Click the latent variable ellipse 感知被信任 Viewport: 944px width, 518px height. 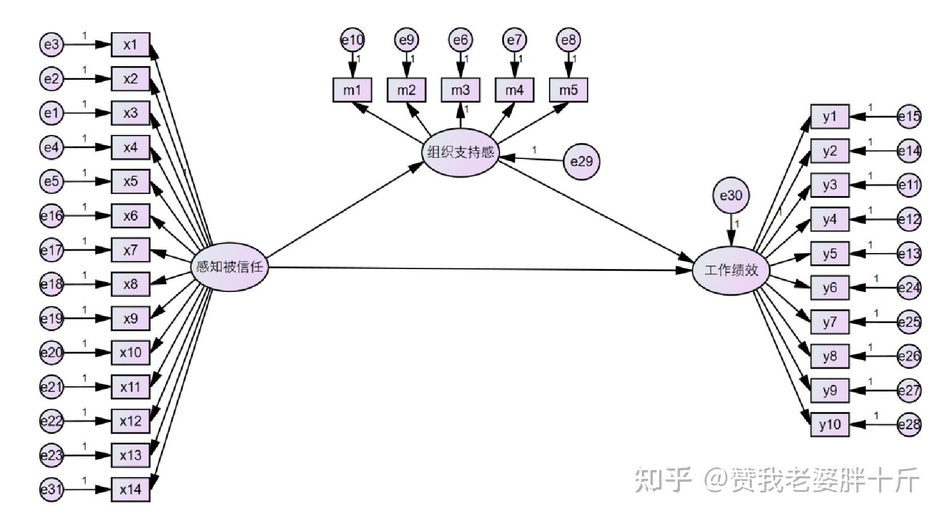(x=229, y=267)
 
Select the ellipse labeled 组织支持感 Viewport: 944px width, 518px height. (x=460, y=152)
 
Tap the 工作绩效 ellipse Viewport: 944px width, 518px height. (x=731, y=270)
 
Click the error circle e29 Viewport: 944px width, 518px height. (x=581, y=161)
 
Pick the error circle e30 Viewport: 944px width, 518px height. (x=731, y=196)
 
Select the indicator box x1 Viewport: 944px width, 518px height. (x=131, y=44)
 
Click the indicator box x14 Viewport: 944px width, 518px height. (x=131, y=490)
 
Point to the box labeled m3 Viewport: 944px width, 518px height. (x=460, y=90)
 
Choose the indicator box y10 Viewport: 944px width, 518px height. (x=829, y=425)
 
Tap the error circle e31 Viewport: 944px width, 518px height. (x=52, y=490)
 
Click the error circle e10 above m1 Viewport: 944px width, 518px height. (x=352, y=40)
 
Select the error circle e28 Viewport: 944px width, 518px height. (x=909, y=425)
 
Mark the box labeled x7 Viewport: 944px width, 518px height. (x=131, y=250)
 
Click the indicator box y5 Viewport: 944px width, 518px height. (x=829, y=254)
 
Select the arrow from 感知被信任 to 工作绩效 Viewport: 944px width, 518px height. (x=479, y=268)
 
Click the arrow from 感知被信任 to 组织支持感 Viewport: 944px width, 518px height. (x=342, y=211)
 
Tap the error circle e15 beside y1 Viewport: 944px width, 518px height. (x=909, y=117)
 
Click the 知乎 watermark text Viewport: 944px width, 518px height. (x=664, y=480)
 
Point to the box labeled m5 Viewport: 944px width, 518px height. (x=568, y=90)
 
